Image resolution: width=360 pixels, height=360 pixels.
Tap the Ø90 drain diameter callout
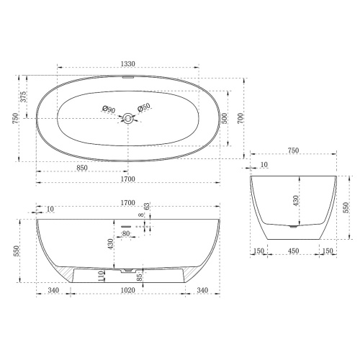coord(109,109)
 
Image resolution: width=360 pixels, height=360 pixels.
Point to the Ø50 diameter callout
coord(144,108)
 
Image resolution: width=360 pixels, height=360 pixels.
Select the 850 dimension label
coord(82,168)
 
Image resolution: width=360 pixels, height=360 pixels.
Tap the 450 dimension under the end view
coord(294,251)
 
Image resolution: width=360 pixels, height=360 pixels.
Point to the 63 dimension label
coord(147,207)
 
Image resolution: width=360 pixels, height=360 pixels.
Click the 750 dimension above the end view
coord(293,151)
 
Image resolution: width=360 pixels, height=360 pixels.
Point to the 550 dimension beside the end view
coord(346,208)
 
